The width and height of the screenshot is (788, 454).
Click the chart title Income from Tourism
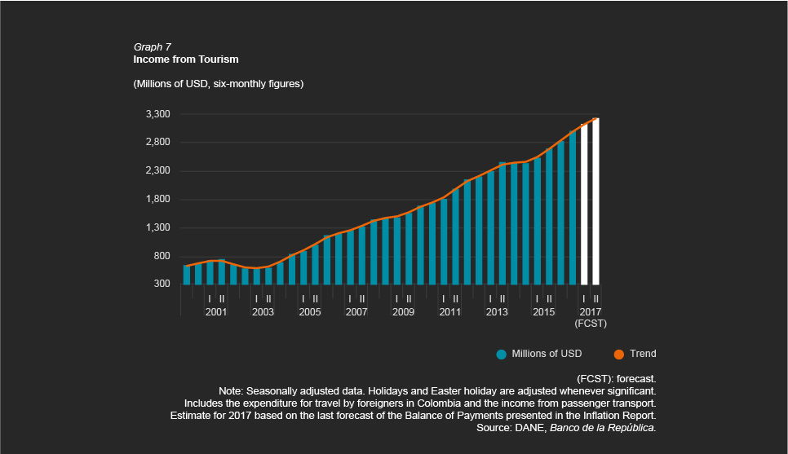pyautogui.click(x=185, y=60)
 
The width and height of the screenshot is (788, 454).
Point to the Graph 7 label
pyautogui.click(x=152, y=47)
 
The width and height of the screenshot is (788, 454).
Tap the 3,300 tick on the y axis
pyautogui.click(x=157, y=114)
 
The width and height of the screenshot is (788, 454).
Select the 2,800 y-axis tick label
pyautogui.click(x=157, y=143)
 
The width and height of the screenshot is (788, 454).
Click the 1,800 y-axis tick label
pyautogui.click(x=157, y=200)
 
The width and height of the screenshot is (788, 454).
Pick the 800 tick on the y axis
pyautogui.click(x=161, y=257)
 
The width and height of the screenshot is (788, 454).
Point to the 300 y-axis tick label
pyautogui.click(x=161, y=284)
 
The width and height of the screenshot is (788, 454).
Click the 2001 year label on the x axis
pyautogui.click(x=216, y=312)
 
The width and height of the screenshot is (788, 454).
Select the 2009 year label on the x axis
pyautogui.click(x=403, y=312)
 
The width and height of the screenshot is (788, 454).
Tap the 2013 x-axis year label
pyautogui.click(x=497, y=312)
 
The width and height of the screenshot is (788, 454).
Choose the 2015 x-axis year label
pyautogui.click(x=543, y=312)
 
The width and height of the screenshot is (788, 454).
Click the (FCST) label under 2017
pyautogui.click(x=590, y=324)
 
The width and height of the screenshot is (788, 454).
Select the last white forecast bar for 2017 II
pyautogui.click(x=595, y=201)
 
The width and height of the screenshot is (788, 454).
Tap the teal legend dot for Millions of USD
pyautogui.click(x=502, y=354)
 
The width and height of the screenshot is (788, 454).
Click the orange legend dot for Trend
pyautogui.click(x=618, y=354)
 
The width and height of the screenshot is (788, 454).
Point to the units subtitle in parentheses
pyautogui.click(x=218, y=84)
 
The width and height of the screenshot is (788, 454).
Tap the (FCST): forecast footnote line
pyautogui.click(x=616, y=379)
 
